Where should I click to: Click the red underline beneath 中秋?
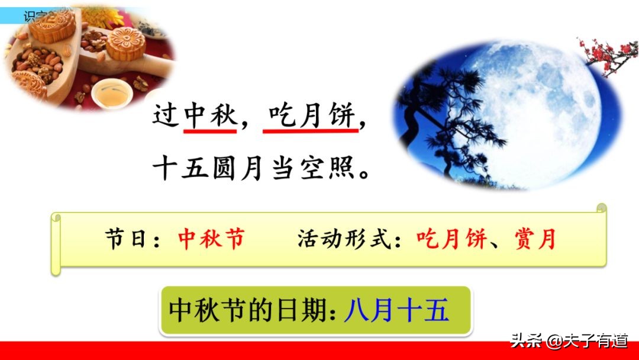(x=210, y=130)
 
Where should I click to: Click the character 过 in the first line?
(x=166, y=114)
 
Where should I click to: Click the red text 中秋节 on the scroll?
(x=211, y=240)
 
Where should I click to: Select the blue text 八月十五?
(x=396, y=310)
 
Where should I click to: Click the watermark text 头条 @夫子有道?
(x=568, y=342)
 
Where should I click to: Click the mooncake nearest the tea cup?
(x=125, y=43)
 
